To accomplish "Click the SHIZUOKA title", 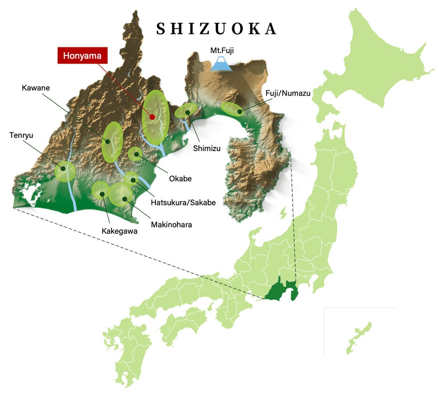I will pos(217,29).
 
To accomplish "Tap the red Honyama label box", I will pos(83,56).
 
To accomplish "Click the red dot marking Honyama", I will pos(152,117).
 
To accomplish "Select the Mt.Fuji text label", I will pos(222,50).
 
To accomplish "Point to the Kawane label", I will pos(36,88).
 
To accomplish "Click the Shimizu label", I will pos(207,148).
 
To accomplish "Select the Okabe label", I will pos(180,179).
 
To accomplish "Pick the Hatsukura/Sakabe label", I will pos(183,202).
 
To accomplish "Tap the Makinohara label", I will pos(172,225).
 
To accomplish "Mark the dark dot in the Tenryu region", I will pos(63,168).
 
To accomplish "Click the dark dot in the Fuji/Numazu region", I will pos(239,111).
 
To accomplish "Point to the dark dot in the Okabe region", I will pos(136,154).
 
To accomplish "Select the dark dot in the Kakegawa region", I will pos(102,193).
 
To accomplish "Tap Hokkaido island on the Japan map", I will pos(382,66).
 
